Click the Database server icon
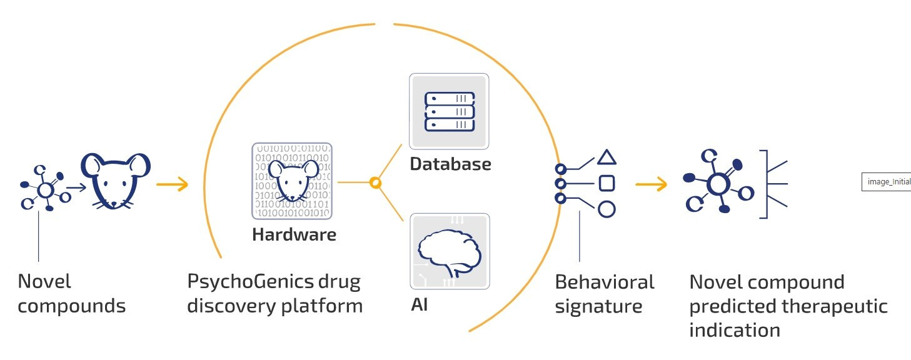coord(450,111)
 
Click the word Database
coord(450,164)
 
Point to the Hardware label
coord(294,235)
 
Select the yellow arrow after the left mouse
coord(172,184)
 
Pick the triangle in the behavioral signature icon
coord(606,157)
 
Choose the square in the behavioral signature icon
coord(606,183)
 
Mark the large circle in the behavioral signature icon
coord(606,209)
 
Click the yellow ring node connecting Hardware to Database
coord(375,183)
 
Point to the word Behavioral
coord(605,282)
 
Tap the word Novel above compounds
coord(44,282)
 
